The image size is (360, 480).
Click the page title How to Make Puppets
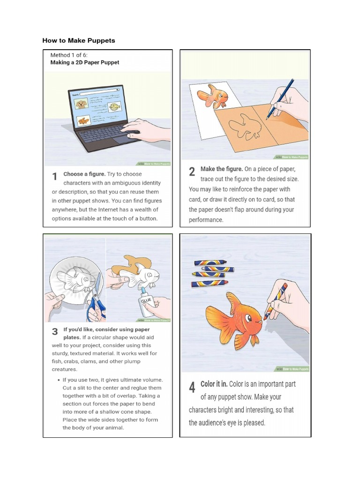(x=78, y=41)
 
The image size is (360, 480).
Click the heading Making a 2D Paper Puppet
(x=84, y=62)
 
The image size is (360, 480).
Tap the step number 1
(x=55, y=177)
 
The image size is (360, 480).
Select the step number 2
(x=192, y=172)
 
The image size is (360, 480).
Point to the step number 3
(x=55, y=332)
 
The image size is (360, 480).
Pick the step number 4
(x=192, y=388)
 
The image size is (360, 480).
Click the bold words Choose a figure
(x=85, y=174)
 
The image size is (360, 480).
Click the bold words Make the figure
(x=222, y=169)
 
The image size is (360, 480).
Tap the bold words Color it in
(x=214, y=384)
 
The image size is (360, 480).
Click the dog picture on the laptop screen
(x=82, y=104)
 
